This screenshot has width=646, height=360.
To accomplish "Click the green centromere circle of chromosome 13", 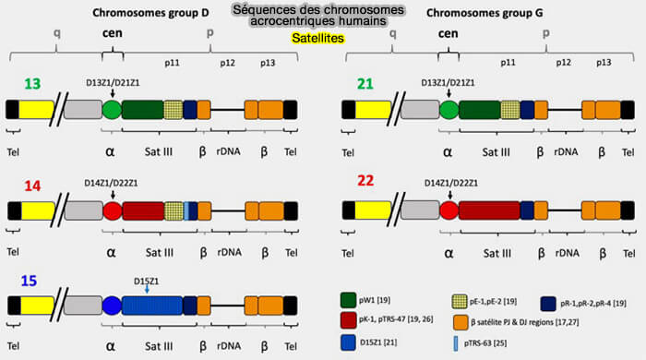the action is click(112, 110).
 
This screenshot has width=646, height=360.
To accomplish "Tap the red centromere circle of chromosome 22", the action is click(449, 210).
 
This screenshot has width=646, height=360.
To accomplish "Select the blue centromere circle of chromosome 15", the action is click(112, 306).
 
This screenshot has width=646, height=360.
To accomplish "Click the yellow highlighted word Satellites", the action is click(317, 38).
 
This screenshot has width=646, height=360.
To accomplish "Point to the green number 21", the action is click(365, 84).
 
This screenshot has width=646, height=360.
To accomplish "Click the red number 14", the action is click(32, 186).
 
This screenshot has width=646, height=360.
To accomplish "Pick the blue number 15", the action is click(29, 281).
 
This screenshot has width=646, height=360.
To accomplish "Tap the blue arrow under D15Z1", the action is click(147, 290).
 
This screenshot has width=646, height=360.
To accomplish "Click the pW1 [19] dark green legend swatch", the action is click(349, 300).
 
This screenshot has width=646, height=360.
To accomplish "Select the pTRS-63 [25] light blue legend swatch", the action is click(456, 343).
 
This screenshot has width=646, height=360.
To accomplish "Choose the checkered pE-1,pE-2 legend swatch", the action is click(460, 302).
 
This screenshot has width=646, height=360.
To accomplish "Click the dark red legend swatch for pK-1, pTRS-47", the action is click(349, 320).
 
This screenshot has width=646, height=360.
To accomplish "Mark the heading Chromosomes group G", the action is click(484, 13).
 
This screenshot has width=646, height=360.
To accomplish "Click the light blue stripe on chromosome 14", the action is click(186, 211).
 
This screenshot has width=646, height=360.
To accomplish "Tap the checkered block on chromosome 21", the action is click(510, 111).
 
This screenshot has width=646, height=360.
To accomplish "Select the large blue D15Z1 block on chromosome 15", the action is click(152, 306).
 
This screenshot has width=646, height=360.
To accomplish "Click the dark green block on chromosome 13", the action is click(143, 110).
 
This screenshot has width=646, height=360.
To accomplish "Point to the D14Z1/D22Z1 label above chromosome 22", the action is click(451, 184).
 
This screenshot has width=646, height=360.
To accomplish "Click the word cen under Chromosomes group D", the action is click(112, 33).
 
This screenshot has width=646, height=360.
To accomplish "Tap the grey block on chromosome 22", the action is click(420, 210).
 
